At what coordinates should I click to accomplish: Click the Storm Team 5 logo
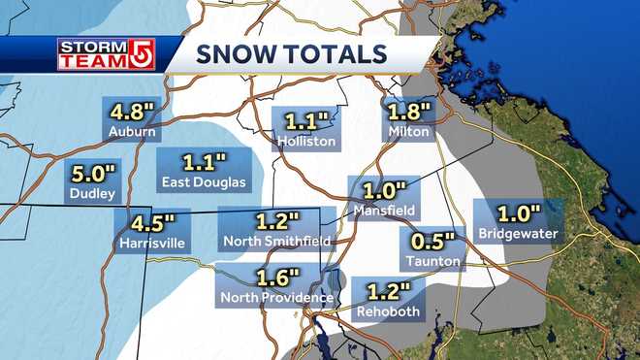click(107, 53)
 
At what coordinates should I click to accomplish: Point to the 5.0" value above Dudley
click(94, 177)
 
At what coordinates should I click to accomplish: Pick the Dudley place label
click(94, 195)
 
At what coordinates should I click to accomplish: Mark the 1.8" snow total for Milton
click(406, 112)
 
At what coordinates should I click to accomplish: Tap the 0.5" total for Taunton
click(429, 242)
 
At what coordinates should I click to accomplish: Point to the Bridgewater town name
click(518, 234)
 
